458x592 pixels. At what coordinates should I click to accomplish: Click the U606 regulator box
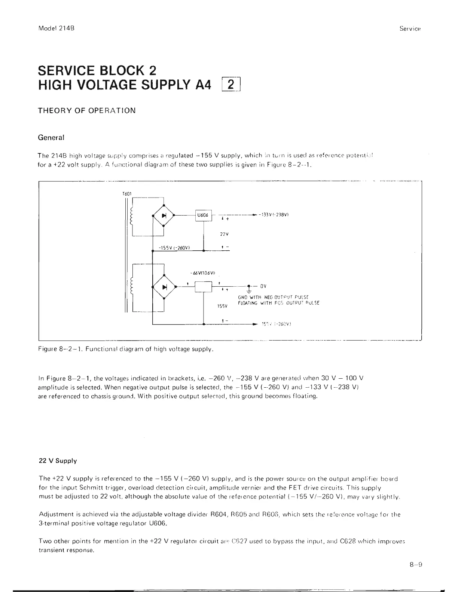(x=204, y=216)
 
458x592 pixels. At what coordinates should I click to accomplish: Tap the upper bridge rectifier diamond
(x=164, y=216)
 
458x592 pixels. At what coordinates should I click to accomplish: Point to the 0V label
(x=263, y=286)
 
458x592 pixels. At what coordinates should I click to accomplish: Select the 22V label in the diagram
(x=224, y=234)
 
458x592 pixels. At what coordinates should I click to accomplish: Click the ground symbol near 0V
(x=249, y=289)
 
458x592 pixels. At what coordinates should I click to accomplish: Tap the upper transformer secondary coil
(x=131, y=216)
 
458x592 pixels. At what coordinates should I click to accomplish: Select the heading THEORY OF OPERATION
(x=87, y=111)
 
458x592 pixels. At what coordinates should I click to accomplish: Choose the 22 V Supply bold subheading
(x=58, y=461)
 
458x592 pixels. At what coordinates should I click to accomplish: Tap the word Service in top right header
(x=410, y=28)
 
